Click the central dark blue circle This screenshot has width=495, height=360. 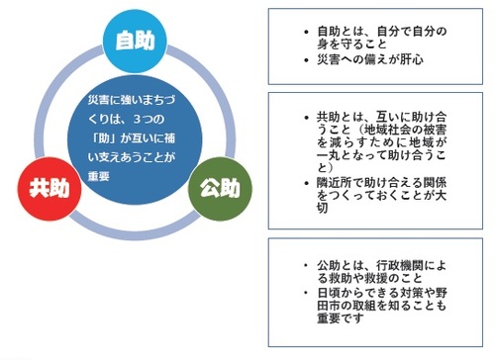click(x=132, y=138)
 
